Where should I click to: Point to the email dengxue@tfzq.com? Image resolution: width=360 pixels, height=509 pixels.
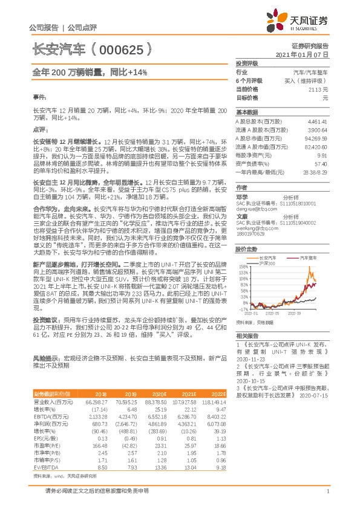pos(253,209)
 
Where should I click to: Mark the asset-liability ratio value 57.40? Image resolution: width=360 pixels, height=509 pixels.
pos(321,163)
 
